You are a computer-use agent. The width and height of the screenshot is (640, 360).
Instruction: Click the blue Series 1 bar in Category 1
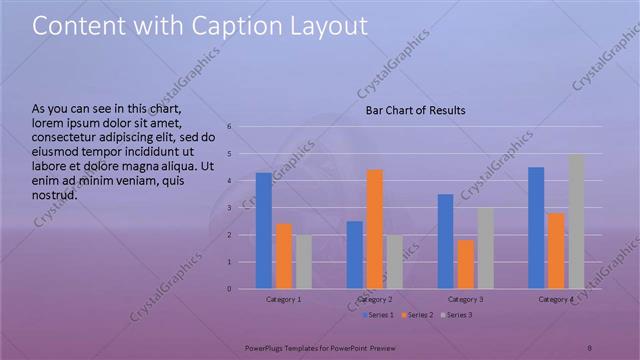click(263, 231)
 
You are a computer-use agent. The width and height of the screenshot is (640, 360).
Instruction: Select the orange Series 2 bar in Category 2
click(375, 229)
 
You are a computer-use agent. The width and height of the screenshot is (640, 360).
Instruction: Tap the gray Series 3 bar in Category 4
click(576, 221)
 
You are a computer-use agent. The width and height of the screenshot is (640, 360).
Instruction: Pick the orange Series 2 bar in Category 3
click(465, 264)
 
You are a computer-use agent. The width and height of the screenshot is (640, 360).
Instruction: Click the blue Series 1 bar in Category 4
click(536, 228)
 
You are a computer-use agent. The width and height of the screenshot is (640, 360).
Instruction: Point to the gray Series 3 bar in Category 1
click(303, 262)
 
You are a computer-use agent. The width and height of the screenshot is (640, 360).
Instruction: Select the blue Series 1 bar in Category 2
click(355, 255)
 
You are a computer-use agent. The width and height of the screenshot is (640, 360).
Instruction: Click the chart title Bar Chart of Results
click(414, 110)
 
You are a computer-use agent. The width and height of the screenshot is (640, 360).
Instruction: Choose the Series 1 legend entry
click(378, 315)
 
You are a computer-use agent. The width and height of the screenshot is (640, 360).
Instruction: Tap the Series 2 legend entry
click(418, 315)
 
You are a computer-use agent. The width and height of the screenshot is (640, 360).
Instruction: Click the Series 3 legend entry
click(457, 315)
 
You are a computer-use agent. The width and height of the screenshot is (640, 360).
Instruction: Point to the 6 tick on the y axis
click(230, 127)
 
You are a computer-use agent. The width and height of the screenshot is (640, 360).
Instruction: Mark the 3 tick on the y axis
click(230, 208)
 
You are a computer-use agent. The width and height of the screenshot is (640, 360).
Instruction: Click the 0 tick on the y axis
click(230, 289)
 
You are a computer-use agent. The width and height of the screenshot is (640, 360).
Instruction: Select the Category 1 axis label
click(284, 300)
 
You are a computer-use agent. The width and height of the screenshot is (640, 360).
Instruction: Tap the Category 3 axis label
click(465, 300)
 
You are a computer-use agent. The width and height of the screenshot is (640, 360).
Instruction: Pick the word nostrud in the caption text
click(55, 195)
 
